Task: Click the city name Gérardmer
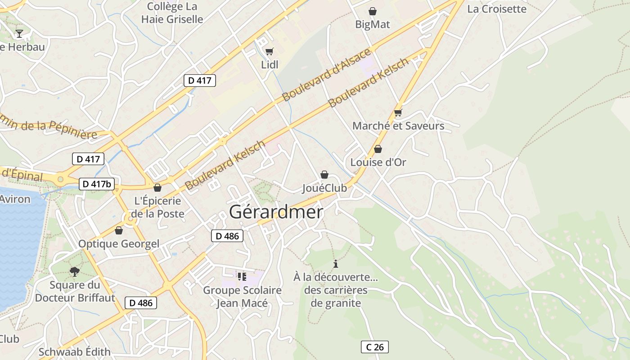click(x=276, y=212)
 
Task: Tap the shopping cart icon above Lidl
click(x=269, y=51)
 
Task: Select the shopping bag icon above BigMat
click(x=373, y=11)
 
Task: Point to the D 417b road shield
click(x=97, y=184)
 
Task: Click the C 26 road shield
click(x=374, y=347)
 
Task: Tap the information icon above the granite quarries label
click(x=335, y=264)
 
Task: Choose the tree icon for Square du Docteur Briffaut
click(x=75, y=271)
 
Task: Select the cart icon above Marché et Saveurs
click(x=398, y=112)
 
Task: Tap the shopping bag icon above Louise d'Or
click(x=378, y=149)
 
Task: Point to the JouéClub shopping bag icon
click(x=324, y=175)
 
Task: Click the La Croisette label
click(x=496, y=9)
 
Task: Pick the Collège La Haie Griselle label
click(x=172, y=13)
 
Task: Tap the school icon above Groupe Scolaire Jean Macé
click(x=242, y=277)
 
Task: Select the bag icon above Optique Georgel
click(x=119, y=231)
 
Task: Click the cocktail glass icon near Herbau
click(x=19, y=33)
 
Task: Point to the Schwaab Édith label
click(x=74, y=352)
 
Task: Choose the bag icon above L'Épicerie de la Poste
click(x=157, y=188)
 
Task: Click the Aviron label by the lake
click(x=15, y=199)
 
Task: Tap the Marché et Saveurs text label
click(x=398, y=126)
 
